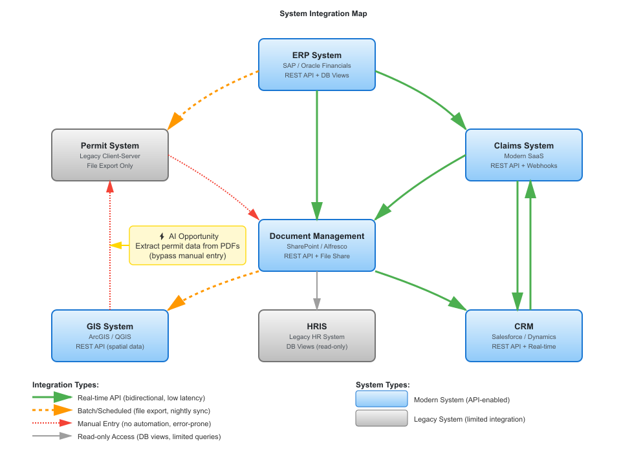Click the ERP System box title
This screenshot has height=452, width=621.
317,55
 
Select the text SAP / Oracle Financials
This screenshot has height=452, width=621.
317,66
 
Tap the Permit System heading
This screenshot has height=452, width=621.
110,145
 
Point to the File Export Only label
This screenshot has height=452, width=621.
110,166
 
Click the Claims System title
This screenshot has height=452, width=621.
524,145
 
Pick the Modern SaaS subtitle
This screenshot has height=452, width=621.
524,156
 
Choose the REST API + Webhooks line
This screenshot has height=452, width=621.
524,166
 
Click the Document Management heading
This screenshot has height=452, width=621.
317,236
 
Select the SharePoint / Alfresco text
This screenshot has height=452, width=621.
317,247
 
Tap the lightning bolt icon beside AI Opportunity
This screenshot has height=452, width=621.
162,236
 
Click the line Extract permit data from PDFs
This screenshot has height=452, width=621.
188,246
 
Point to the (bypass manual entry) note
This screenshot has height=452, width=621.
188,256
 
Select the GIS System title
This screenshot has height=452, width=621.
110,326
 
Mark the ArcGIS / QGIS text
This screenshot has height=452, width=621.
110,337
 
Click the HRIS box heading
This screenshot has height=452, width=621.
317,326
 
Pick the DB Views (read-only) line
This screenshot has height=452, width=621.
317,347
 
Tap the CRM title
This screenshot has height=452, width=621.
524,326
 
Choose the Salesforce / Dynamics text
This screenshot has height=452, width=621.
524,337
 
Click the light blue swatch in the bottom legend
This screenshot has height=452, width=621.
382,398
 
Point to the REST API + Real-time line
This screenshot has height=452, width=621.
524,347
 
